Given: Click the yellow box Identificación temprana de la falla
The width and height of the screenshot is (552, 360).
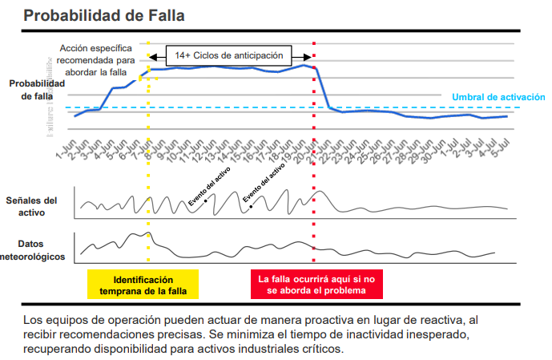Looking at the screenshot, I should pyautogui.click(x=143, y=285).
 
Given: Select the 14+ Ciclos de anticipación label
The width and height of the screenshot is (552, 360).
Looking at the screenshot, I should pyautogui.click(x=229, y=55).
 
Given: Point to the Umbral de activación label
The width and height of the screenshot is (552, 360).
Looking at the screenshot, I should pyautogui.click(x=498, y=96).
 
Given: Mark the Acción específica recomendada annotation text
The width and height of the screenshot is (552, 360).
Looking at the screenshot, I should pyautogui.click(x=101, y=60).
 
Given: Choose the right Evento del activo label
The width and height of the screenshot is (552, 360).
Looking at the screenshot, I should pyautogui.click(x=265, y=184).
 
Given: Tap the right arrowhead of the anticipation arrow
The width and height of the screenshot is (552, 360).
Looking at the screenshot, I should pyautogui.click(x=308, y=55).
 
